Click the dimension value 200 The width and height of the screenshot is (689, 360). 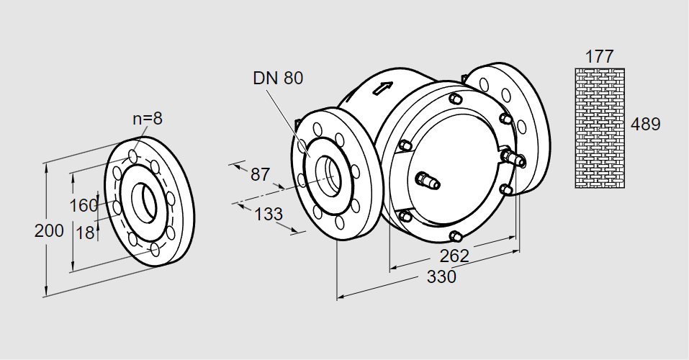coord(49,231)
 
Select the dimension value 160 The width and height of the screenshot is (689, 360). coord(84,206)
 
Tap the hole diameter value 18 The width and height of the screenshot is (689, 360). coord(85,233)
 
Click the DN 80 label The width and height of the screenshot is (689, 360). coord(278,78)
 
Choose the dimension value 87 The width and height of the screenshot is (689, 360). coord(260,174)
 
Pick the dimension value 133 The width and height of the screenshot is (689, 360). coord(268,214)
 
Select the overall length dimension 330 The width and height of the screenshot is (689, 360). coord(441,276)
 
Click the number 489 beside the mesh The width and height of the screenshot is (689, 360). coord(645,125)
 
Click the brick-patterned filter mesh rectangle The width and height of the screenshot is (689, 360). coord(599,127)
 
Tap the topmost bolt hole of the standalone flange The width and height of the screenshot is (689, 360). coord(134,156)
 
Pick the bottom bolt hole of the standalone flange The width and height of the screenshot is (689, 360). coord(155,250)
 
